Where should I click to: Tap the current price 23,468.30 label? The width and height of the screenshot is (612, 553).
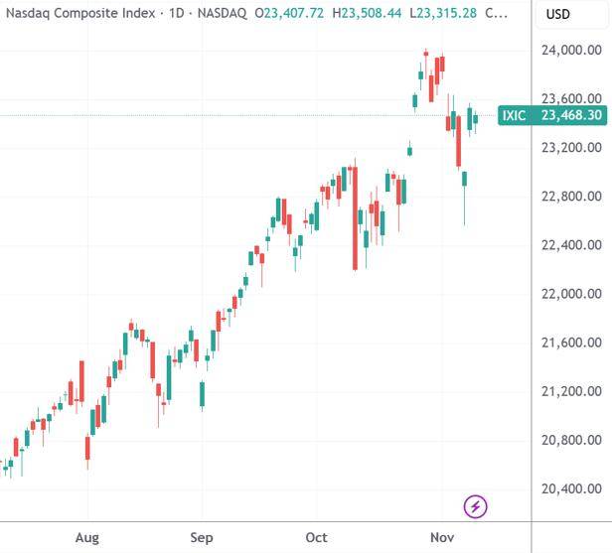(570, 116)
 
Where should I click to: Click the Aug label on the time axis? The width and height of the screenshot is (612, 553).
(87, 537)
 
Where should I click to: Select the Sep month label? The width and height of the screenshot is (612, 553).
(202, 537)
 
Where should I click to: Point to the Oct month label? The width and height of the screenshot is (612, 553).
(316, 537)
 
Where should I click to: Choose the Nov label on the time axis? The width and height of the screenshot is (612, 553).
(441, 537)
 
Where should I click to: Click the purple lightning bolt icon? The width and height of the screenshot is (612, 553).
(476, 507)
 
